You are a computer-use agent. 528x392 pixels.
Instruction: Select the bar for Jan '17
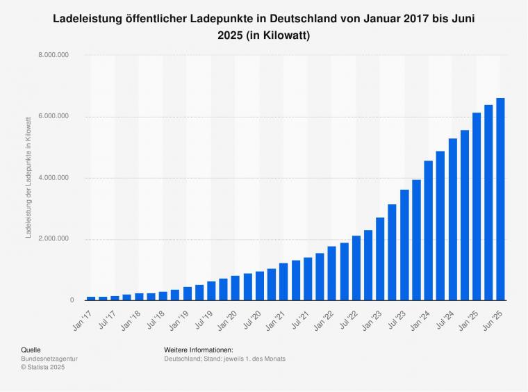coord(91,298)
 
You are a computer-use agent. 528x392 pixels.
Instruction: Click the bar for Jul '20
coord(260,286)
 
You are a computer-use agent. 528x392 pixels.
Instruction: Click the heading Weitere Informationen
coord(199,350)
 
